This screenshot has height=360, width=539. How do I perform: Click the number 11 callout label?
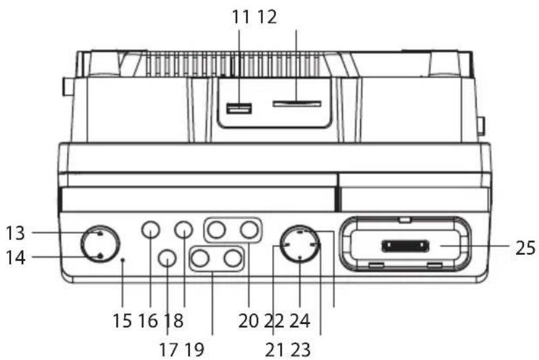241,17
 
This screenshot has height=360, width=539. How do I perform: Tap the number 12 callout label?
267,17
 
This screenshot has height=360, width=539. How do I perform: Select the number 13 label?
16,233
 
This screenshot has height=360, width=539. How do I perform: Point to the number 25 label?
525,247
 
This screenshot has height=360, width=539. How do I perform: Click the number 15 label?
122,321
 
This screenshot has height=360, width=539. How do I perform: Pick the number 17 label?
168,349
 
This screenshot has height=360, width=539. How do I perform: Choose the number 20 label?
248,321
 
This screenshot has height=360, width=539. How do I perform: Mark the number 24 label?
300,321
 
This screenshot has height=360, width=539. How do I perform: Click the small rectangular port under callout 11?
239,108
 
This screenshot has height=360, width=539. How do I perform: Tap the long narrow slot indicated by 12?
296,104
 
